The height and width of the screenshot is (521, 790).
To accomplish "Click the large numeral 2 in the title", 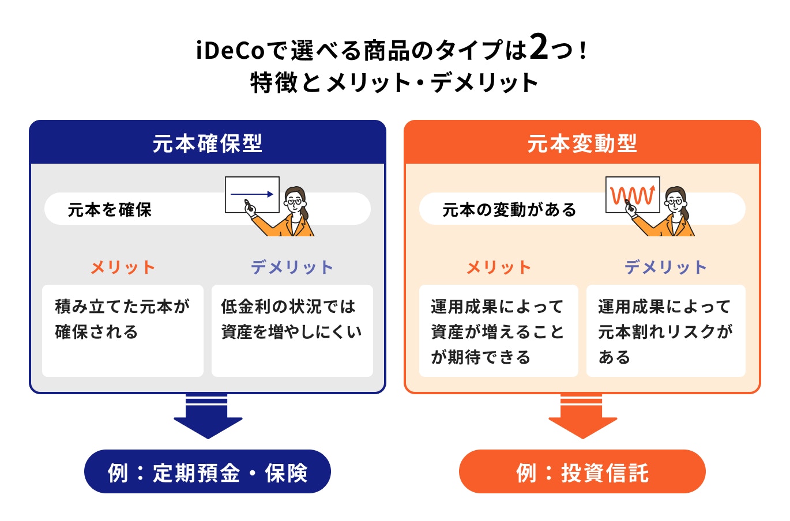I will (539, 47).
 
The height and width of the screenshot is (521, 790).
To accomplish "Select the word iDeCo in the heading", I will (230, 51).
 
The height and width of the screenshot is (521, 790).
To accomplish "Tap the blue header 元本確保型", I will (208, 143).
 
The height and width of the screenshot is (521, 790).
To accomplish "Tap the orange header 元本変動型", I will (582, 143).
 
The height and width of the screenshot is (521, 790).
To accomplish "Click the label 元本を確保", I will (110, 210).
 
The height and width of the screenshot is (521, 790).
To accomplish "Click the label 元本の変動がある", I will (509, 210).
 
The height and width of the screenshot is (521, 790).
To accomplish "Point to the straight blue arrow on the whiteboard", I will (252, 194).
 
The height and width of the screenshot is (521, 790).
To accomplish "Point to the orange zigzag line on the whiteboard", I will (633, 195).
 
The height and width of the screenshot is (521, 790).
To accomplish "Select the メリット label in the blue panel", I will (123, 267).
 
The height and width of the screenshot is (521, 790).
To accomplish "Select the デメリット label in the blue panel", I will (292, 267).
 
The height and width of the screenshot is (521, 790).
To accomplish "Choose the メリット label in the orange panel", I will (499, 267).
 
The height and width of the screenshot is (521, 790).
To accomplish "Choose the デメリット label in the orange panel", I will (665, 267).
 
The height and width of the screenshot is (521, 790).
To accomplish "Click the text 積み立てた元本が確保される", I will (122, 319).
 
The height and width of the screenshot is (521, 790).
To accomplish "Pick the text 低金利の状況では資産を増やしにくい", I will (291, 319).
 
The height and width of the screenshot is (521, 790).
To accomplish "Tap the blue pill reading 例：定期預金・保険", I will (208, 472).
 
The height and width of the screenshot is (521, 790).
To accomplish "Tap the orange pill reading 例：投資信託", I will (582, 472).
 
